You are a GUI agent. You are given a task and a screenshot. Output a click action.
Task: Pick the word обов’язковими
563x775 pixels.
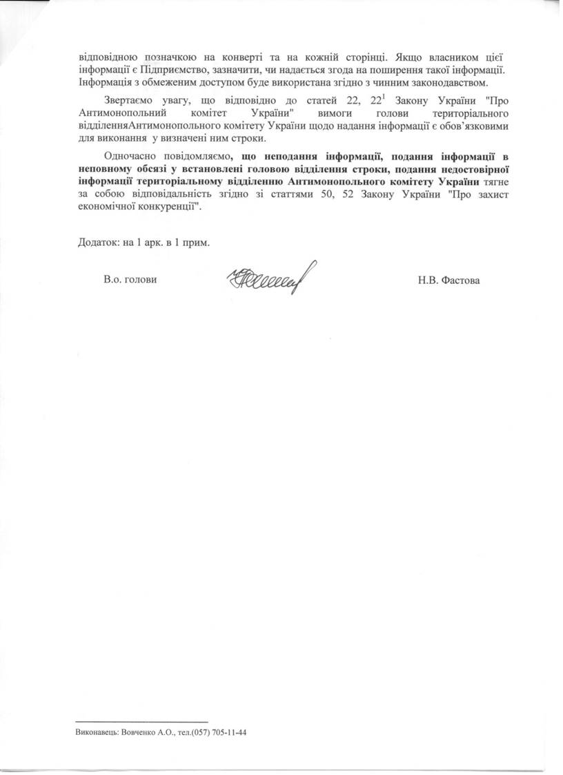pos(465,126)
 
